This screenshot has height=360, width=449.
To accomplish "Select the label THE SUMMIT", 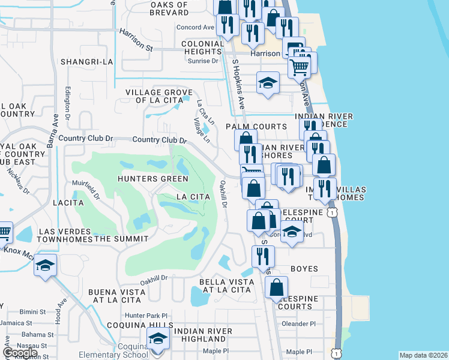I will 121,239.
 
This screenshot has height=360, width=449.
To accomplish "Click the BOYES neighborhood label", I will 304,269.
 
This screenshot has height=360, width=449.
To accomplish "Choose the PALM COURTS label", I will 256,127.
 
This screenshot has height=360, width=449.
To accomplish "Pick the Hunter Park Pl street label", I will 145,315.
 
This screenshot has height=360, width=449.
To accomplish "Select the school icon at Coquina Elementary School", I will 158,338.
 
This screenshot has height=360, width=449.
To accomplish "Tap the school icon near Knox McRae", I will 45,265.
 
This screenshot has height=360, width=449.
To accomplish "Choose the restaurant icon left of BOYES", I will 263,256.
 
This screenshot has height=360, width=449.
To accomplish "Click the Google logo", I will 20,353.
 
